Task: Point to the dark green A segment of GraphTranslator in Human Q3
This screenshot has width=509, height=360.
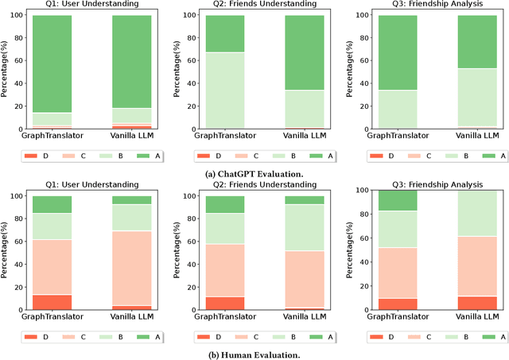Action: tap(397, 200)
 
